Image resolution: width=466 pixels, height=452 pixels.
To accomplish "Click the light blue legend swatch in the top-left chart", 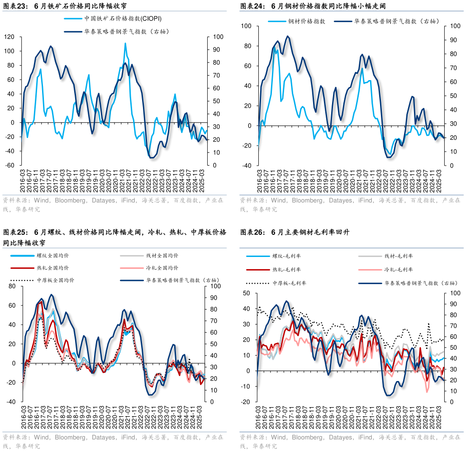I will pos(73,19).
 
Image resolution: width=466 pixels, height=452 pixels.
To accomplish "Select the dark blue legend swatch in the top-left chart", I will pos(73,32).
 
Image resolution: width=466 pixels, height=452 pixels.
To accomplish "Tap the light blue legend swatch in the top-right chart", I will pos(277,21).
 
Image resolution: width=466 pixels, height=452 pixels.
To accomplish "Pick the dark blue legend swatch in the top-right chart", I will pos(343,21).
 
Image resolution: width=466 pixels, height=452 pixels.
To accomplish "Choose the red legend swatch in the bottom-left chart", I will pos(23,268).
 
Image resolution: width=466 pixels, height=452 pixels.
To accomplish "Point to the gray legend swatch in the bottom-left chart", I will pos(132,256).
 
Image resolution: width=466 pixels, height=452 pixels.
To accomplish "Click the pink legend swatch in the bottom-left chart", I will pos(132,268).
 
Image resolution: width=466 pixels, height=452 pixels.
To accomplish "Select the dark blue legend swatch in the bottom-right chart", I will pos(370,284).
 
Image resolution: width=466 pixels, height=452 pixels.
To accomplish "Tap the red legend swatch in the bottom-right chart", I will pos(258,270).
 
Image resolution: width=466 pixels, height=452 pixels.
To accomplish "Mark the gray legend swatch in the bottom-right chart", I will pos(370,256).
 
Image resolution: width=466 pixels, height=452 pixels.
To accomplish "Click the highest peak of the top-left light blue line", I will pos(125,43).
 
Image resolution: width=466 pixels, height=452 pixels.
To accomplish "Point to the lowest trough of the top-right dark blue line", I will pos(388,157).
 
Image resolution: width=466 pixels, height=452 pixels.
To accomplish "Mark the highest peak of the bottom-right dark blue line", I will pos(286,300).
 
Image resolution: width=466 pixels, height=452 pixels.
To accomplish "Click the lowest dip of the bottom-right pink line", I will pos(427,392).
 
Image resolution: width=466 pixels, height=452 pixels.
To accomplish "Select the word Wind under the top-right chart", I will pos(278,200).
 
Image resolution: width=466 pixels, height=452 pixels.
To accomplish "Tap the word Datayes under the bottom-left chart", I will pos(104,438).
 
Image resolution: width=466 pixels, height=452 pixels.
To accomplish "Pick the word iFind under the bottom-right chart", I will pos(366,438).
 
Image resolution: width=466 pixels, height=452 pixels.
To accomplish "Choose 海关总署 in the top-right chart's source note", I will pos(392,200).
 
